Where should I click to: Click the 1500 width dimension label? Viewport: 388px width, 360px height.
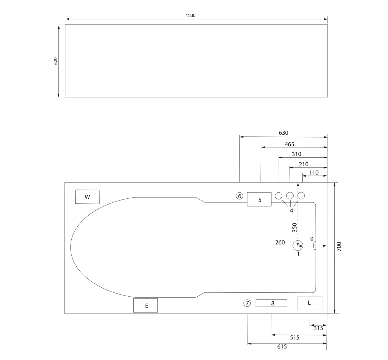pyautogui.click(x=191, y=15)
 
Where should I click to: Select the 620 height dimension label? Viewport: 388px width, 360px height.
pyautogui.click(x=55, y=61)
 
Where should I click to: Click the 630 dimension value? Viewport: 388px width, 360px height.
pyautogui.click(x=284, y=133)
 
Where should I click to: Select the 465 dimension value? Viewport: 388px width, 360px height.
pyautogui.click(x=289, y=144)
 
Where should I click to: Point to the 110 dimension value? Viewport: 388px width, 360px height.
pyautogui.click(x=314, y=172)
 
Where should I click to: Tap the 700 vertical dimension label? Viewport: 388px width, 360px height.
pyautogui.click(x=339, y=247)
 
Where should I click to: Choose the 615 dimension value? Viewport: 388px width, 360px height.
pyautogui.click(x=282, y=347)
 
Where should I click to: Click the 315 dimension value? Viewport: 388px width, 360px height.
pyautogui.click(x=318, y=328)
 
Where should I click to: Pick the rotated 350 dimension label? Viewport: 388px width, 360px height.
pyautogui.click(x=294, y=228)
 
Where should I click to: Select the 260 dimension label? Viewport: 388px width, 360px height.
pyautogui.click(x=280, y=242)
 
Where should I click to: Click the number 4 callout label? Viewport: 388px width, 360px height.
pyautogui.click(x=291, y=211)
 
